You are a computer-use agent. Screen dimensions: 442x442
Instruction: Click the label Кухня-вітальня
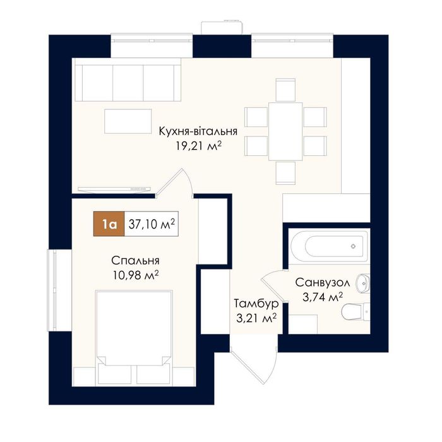[198, 131]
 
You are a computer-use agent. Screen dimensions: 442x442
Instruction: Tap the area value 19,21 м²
[198, 146]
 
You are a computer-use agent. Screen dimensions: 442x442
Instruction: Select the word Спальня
[135, 261]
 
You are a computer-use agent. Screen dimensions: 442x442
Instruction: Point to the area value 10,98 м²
[136, 275]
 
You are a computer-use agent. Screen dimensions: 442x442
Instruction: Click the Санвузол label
[323, 282]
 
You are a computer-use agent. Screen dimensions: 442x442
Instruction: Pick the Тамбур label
[256, 304]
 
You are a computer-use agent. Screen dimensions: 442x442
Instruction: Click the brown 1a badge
[109, 224]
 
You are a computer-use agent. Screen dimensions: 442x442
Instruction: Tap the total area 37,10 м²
[152, 224]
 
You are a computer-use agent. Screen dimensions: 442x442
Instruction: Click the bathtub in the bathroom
[329, 246]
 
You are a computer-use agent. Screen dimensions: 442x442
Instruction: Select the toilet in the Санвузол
[355, 311]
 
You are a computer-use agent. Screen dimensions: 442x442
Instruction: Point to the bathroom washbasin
[363, 284]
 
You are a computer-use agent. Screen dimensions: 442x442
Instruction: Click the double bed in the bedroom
[134, 338]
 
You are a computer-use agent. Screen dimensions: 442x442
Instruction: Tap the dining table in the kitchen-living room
[285, 131]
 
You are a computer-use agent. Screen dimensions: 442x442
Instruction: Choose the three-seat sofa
[128, 82]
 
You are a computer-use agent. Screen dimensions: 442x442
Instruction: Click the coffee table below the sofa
[128, 121]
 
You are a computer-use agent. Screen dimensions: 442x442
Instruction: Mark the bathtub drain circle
[353, 246]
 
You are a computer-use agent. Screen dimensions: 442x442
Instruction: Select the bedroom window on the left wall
[52, 290]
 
